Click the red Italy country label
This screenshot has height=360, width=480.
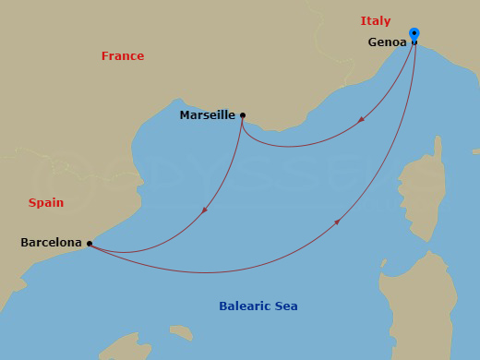[376, 20]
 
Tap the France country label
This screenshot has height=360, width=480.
[123, 56]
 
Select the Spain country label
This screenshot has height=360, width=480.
[46, 203]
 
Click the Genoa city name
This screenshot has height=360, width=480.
[387, 42]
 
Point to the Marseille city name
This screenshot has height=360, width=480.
[208, 116]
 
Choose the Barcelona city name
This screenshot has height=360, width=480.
[51, 243]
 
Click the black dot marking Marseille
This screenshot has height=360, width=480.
[243, 115]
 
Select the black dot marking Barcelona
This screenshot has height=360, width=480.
[90, 244]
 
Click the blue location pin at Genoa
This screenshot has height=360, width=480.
[414, 34]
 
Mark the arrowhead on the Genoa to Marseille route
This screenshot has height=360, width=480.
[361, 119]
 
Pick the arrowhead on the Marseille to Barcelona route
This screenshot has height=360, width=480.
[204, 210]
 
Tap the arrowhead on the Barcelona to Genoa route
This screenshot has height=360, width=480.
[338, 222]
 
